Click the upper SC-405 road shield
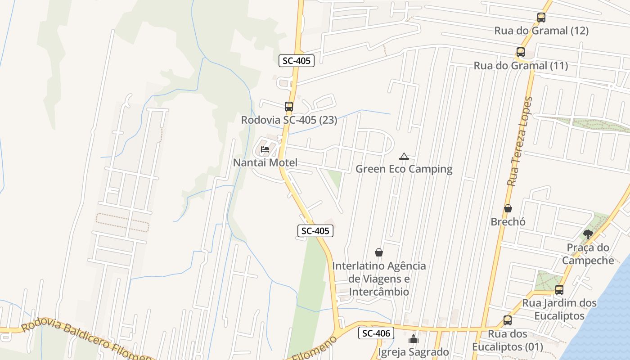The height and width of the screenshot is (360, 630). [296, 61]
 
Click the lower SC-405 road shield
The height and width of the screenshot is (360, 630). [315, 231]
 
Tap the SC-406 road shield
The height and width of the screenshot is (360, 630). [376, 333]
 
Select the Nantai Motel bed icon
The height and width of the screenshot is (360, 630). [265, 149]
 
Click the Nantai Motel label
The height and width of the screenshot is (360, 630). [265, 162]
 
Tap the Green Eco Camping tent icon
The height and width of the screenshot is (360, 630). [404, 157]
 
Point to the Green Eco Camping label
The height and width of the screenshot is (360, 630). [404, 169]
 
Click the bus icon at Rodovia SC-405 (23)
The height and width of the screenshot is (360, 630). [289, 107]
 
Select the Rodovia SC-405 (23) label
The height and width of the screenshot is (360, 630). [289, 120]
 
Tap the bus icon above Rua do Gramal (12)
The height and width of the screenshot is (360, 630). [541, 18]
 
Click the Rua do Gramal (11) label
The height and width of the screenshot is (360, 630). [521, 66]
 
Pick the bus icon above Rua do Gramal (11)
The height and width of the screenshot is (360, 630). [521, 52]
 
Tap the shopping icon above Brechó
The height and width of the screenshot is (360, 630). [508, 208]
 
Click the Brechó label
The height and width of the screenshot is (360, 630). [508, 222]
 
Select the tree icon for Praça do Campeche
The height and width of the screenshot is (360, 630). [588, 234]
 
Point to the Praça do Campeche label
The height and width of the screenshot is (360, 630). [588, 254]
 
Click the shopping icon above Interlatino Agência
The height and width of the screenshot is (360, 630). [379, 252]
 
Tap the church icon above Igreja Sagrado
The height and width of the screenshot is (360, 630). [414, 339]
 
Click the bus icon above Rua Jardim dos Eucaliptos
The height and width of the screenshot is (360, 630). [559, 290]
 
